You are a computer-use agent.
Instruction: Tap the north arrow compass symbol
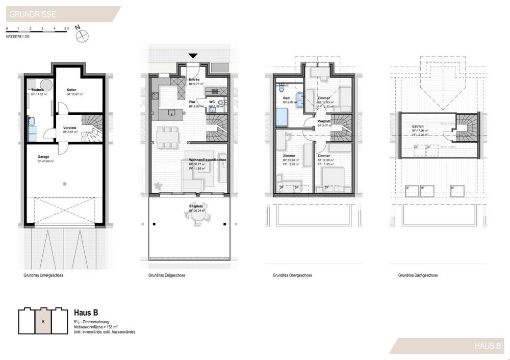[x=82, y=35]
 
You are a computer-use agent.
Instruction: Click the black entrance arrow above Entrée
[x=193, y=56]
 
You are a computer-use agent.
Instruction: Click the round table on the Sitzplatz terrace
[x=197, y=218]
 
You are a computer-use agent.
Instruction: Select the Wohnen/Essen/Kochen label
[x=208, y=160]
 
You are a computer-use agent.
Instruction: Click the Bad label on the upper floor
[x=287, y=98]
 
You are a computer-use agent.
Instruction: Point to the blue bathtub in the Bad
[x=282, y=117]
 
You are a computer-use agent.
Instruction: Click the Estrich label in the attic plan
[x=419, y=126]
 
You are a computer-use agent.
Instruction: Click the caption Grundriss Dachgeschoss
[x=418, y=275]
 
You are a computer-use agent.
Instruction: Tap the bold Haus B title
[x=86, y=313]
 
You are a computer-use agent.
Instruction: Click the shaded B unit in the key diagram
[x=43, y=321]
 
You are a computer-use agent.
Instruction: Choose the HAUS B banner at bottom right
[x=487, y=346]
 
